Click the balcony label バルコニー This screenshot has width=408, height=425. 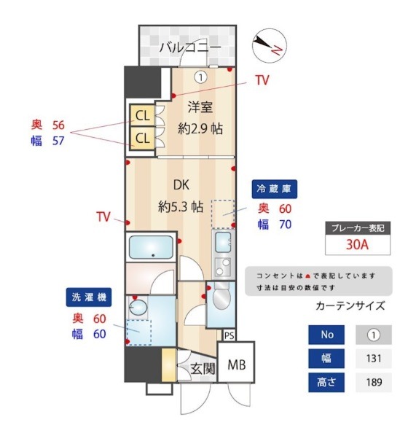190,47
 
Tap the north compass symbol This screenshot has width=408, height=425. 270,45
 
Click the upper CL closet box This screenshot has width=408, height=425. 142,115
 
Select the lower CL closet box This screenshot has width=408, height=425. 142,138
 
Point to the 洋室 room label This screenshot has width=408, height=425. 200,107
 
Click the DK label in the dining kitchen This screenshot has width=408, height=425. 181,185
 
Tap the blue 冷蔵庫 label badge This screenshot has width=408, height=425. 274,189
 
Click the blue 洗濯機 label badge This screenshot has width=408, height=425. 89,297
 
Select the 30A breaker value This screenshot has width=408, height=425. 357,244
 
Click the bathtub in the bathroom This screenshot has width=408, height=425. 151,247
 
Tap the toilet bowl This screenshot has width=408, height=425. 221,297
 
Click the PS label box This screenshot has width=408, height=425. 229,335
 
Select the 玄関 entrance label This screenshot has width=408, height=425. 203,369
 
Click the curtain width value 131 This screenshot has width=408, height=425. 374,359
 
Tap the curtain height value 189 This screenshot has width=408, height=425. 374,382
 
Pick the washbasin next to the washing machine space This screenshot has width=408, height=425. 138,308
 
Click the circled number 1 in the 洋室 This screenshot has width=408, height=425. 201,77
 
